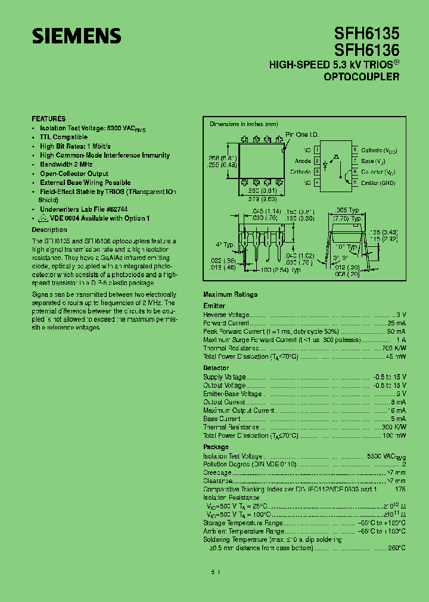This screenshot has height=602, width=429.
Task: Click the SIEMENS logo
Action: tap(76, 36)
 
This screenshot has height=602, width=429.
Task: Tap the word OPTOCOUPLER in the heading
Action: tap(362, 77)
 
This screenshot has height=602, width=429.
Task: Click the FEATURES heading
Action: tap(49, 119)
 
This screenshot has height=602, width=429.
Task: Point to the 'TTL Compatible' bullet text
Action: tap(64, 137)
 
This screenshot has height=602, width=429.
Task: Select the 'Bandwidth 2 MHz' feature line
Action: tap(67, 164)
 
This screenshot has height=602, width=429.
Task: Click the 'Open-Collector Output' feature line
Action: tap(74, 174)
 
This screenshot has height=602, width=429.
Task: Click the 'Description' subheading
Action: tap(49, 230)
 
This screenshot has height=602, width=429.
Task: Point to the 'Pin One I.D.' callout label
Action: tap(303, 135)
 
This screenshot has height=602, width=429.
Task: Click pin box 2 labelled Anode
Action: tap(317, 161)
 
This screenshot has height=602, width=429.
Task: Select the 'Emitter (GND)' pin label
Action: tap(378, 183)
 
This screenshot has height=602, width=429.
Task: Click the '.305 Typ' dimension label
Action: tap(348, 211)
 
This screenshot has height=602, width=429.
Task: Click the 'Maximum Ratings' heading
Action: tap(230, 294)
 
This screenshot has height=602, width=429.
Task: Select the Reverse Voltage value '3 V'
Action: tap(401, 315)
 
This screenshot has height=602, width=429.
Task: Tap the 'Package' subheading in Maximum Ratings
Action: tap(216, 447)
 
